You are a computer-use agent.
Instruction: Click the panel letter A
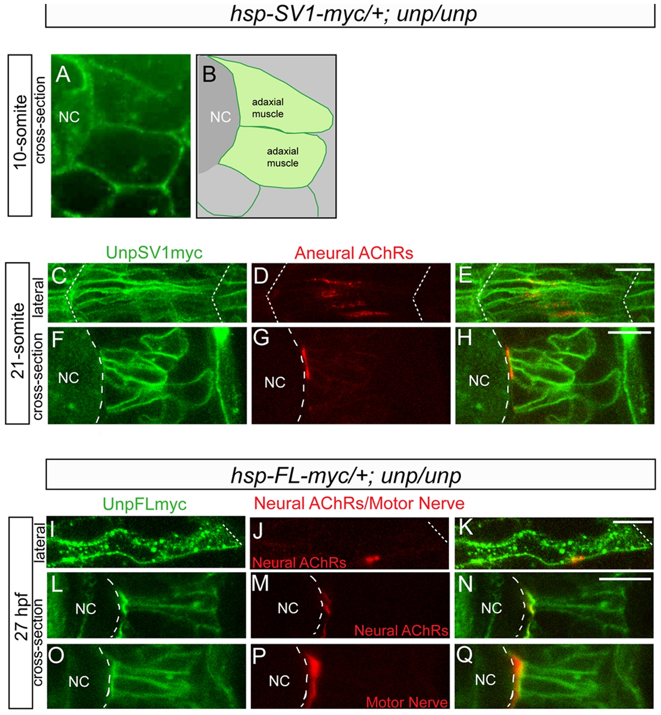coord(63,75)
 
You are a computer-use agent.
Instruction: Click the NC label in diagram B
coord(221,117)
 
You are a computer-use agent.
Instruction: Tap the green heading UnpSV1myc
coord(154,253)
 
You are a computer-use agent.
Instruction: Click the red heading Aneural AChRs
coord(354,253)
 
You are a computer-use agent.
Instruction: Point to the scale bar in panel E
coord(633,269)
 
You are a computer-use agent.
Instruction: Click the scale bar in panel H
coord(629,333)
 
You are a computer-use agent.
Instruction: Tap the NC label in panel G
coord(275,382)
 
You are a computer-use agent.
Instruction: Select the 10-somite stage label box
coord(20,135)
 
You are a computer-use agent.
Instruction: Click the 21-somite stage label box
coord(17,343)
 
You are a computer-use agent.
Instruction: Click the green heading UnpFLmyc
coord(145,504)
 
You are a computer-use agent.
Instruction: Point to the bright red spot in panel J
coord(373,559)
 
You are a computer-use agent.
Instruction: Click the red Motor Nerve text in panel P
coord(407,702)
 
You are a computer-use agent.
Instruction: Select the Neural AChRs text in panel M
coord(402,630)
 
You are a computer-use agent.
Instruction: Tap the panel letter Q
coord(465,655)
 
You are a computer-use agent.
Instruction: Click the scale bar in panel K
coord(632,521)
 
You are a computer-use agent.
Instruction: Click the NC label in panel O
coord(79,681)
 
